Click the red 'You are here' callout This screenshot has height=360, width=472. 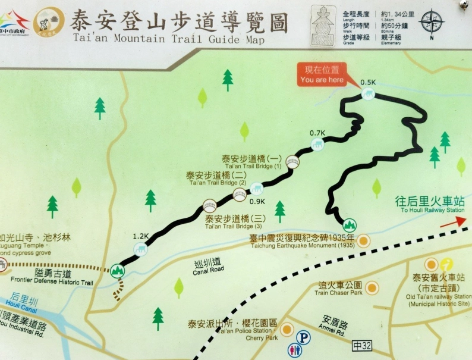pos(322,75)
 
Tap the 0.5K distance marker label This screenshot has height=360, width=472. pos(368,82)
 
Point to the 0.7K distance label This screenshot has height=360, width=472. pos(317,133)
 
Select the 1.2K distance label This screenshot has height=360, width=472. pos(140,236)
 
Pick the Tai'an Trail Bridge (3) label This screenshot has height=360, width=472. pos(234,222)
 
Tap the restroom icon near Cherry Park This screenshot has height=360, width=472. pos(294,350)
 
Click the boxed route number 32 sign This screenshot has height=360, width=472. pos(362,345)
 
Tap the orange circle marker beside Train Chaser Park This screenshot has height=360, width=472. pos(372,288)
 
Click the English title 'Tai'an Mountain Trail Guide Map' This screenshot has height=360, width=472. pos(168,39)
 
